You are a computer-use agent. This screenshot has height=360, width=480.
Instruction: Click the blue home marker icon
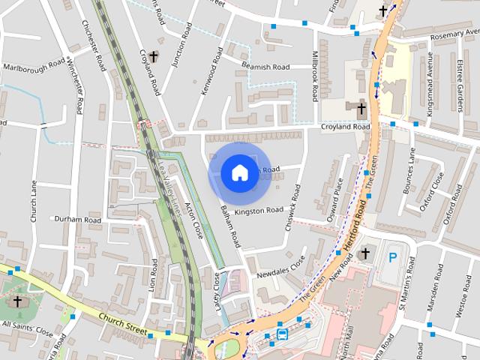[239, 172]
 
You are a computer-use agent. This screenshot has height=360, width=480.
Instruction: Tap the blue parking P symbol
[392, 258]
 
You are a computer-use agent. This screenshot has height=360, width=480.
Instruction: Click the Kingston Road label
[258, 211]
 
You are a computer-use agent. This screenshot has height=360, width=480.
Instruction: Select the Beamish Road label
[265, 67]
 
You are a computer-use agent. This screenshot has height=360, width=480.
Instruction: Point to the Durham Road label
[78, 220]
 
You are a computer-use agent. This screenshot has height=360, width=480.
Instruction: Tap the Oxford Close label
[433, 191]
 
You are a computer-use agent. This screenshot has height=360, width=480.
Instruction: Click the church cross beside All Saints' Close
[17, 301]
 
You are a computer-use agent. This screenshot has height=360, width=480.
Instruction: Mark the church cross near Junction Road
[153, 56]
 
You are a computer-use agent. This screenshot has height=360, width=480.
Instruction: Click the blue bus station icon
[282, 333]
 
